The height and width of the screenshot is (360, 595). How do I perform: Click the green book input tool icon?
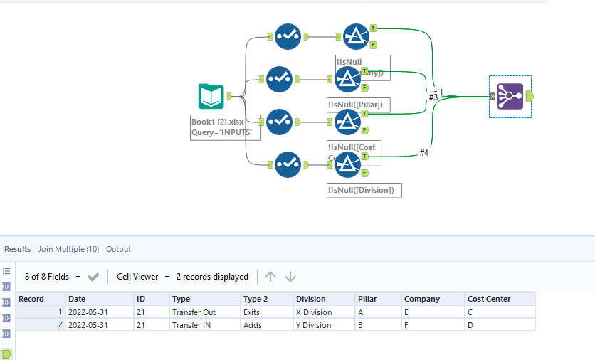[211, 96]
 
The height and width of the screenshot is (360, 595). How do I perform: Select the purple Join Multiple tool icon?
[510, 96]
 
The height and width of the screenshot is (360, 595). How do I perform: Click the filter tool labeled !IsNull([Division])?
[348, 164]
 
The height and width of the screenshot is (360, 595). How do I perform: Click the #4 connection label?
[423, 153]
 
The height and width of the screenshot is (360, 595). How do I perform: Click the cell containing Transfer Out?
[194, 312]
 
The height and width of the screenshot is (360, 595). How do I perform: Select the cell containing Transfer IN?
[191, 325]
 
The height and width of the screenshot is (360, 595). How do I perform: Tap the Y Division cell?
[314, 325]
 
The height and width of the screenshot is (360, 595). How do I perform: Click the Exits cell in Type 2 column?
[252, 312]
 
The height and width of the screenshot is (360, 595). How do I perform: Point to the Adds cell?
[253, 325]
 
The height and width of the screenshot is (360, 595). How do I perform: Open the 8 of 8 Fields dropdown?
[52, 277]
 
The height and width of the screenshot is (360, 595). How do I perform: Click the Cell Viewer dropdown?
[142, 277]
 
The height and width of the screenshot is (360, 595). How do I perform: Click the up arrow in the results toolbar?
[270, 277]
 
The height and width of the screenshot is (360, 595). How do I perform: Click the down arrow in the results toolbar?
[290, 277]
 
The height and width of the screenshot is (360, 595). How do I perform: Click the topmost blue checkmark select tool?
[288, 36]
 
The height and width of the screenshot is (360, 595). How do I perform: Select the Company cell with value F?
[406, 325]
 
